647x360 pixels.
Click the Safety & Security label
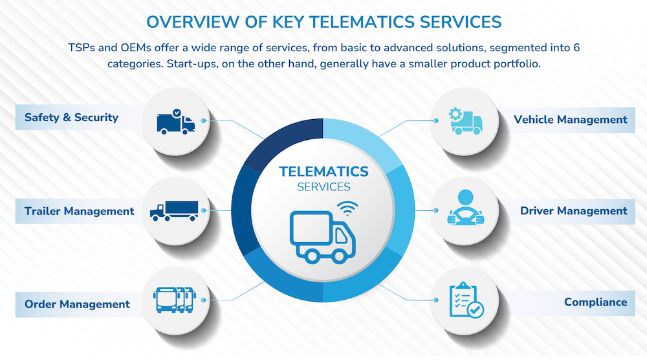click(x=71, y=118)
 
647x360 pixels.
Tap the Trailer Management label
click(x=79, y=211)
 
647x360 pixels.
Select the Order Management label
click(x=77, y=304)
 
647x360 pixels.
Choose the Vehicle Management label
click(x=570, y=120)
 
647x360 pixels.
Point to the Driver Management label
click(x=573, y=211)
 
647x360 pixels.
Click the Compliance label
click(x=595, y=302)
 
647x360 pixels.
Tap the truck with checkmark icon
click(x=176, y=122)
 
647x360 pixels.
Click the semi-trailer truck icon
click(x=174, y=211)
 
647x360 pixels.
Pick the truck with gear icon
click(x=465, y=121)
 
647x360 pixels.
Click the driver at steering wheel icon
click(x=465, y=207)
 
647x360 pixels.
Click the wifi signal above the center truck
click(x=347, y=208)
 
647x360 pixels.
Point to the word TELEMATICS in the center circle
click(x=323, y=172)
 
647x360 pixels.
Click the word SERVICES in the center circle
click(x=323, y=187)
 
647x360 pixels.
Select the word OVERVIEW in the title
click(x=193, y=22)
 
